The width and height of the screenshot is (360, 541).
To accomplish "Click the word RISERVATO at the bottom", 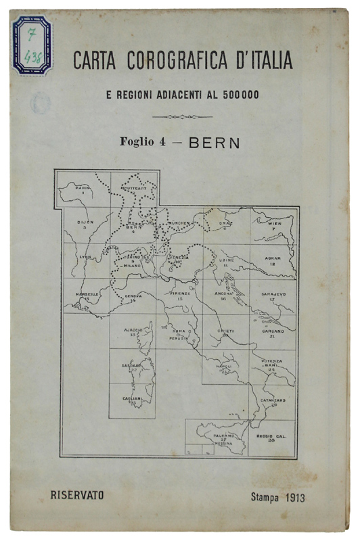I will coord(77,494).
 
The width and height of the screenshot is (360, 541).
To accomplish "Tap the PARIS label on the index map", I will coord(82,187).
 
